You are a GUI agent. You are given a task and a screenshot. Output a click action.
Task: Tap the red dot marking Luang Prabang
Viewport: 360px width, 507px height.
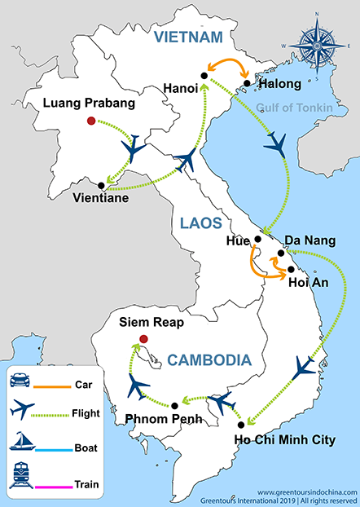(x=90, y=122)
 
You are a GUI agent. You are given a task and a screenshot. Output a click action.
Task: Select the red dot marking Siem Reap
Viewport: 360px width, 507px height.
(x=143, y=338)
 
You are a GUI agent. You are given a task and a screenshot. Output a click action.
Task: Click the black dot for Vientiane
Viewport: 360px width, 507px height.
(x=101, y=185)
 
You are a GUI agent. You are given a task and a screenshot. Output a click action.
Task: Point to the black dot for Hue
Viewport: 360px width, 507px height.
(x=257, y=239)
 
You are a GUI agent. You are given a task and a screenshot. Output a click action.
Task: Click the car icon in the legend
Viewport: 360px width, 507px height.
(x=22, y=381)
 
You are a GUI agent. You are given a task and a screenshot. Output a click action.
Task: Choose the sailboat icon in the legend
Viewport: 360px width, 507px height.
(x=23, y=444)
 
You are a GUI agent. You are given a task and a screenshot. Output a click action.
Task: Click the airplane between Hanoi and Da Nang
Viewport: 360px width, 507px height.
(x=277, y=145)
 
